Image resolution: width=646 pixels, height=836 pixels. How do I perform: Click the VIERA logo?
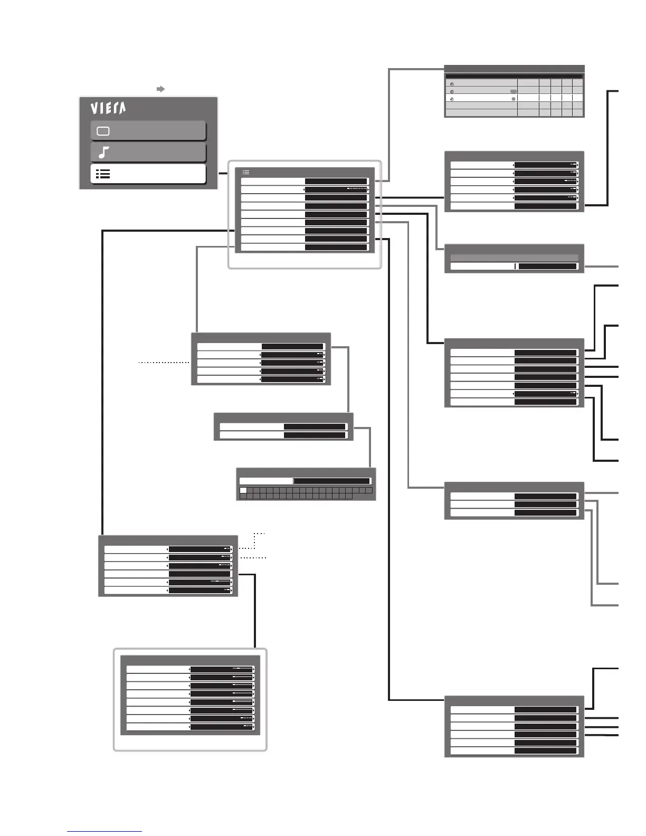pos(108,108)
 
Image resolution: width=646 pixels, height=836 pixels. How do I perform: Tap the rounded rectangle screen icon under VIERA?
pos(103,131)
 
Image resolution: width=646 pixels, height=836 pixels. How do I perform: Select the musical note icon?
pos(104,153)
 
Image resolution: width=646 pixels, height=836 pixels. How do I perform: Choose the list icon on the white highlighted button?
pos(103,174)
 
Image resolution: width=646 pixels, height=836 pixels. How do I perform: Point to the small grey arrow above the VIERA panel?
pos(161,89)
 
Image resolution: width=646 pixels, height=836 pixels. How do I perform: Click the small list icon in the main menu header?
pos(246,172)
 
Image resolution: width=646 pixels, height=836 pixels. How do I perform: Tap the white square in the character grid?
pos(243,490)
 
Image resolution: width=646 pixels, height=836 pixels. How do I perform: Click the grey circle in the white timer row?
pos(513,99)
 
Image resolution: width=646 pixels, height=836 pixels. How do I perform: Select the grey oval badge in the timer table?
pos(513,91)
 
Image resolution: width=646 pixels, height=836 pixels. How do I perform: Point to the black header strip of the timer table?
pos(514,76)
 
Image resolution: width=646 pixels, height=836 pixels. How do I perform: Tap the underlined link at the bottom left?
pos(104,831)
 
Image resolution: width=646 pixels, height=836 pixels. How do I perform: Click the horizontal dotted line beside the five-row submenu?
pos(164,363)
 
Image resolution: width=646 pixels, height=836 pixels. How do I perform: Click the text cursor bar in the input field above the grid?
pos(294,481)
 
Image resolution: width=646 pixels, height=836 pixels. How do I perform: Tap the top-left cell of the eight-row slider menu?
pos(158,669)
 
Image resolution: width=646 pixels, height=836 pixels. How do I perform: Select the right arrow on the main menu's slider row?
pos(368,189)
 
